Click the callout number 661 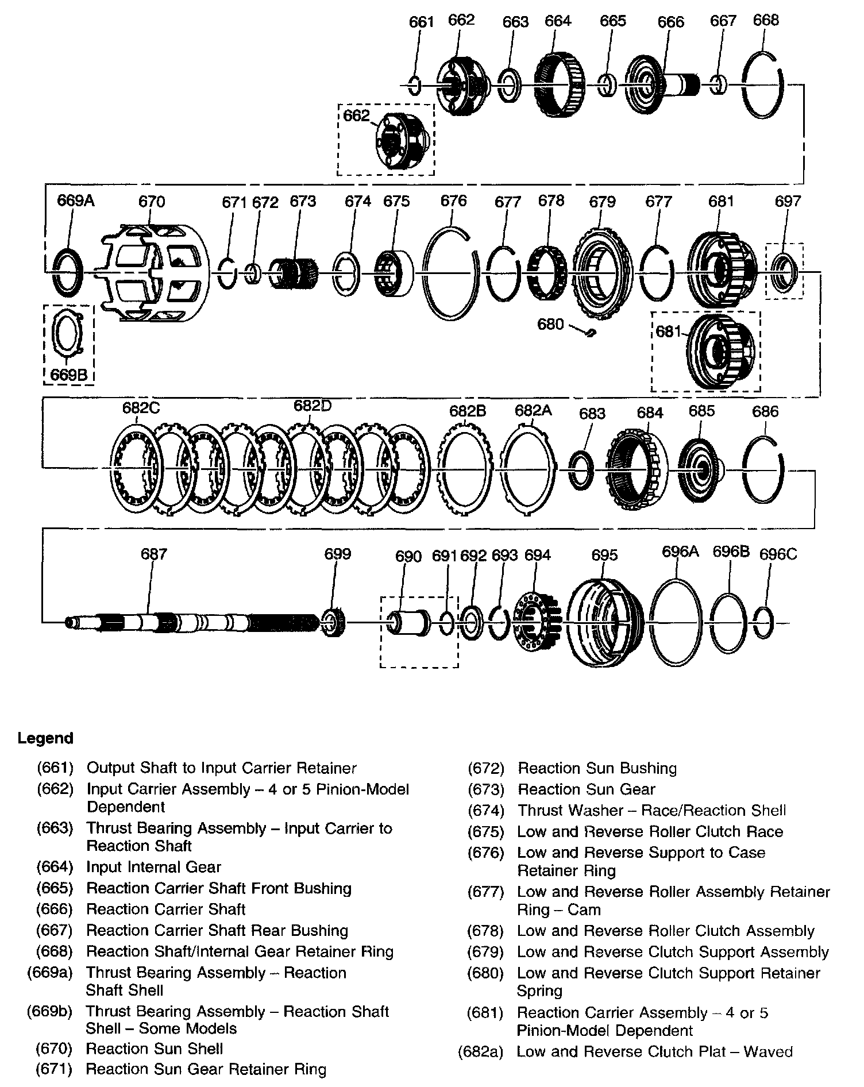(x=421, y=22)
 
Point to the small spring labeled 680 (x=590, y=332)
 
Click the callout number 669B (x=68, y=375)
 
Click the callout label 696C (x=778, y=554)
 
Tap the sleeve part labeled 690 (x=408, y=623)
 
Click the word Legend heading (x=45, y=738)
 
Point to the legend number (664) (x=55, y=867)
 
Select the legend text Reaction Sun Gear (x=586, y=789)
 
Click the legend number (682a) (x=481, y=1052)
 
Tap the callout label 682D (x=313, y=406)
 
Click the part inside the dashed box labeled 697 (x=784, y=271)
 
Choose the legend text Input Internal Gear (x=153, y=867)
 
